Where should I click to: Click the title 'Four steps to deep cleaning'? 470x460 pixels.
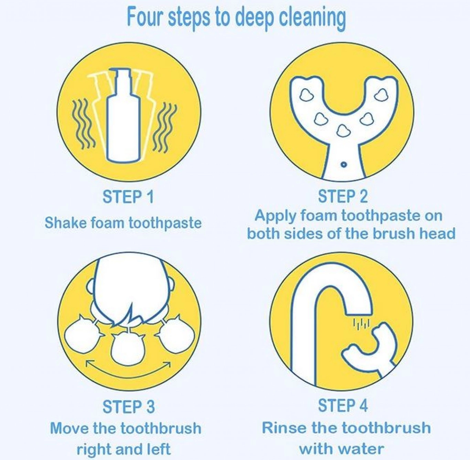236,19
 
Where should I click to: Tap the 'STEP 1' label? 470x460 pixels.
128,197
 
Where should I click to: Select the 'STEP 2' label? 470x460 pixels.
343,197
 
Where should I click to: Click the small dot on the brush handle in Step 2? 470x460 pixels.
343,165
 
